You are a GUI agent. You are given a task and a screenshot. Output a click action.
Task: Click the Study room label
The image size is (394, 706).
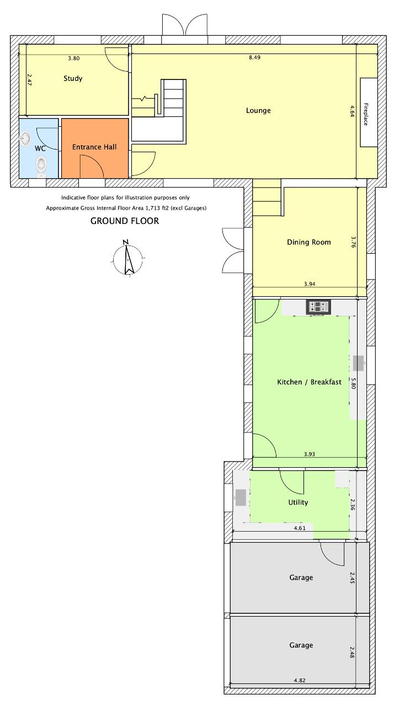tap(73, 78)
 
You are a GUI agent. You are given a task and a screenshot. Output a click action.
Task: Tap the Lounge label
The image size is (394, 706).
tap(258, 110)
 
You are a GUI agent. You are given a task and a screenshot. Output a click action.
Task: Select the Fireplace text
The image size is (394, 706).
tap(366, 114)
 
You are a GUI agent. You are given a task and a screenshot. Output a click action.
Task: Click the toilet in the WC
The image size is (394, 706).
tap(41, 165)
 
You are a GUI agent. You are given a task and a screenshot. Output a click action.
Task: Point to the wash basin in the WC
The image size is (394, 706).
tap(25, 139)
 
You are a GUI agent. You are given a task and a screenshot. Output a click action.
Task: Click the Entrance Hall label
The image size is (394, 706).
tap(94, 147)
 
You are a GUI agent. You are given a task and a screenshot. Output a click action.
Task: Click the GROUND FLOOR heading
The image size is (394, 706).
tap(125, 221)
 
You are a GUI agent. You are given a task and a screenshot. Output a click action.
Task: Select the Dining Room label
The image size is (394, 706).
tap(309, 242)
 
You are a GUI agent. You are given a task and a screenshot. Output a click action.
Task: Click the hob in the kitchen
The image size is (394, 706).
tap(318, 307)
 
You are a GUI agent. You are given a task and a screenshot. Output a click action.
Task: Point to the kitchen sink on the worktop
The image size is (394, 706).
tap(358, 363)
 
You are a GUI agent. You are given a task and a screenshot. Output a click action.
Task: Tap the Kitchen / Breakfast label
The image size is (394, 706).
tap(309, 382)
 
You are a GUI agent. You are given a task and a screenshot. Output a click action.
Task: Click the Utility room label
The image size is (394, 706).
tap(298, 502)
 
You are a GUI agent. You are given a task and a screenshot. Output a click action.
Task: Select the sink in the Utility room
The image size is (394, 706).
tap(241, 498)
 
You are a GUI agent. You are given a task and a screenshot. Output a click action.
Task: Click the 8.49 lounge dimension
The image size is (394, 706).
tap(255, 57)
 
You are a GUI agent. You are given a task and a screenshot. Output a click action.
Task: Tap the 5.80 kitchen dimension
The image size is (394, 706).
tap(353, 383)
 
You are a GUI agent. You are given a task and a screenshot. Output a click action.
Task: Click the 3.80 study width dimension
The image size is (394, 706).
tap(74, 58)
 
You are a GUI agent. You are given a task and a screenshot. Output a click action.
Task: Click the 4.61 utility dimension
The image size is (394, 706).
tap(300, 528)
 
